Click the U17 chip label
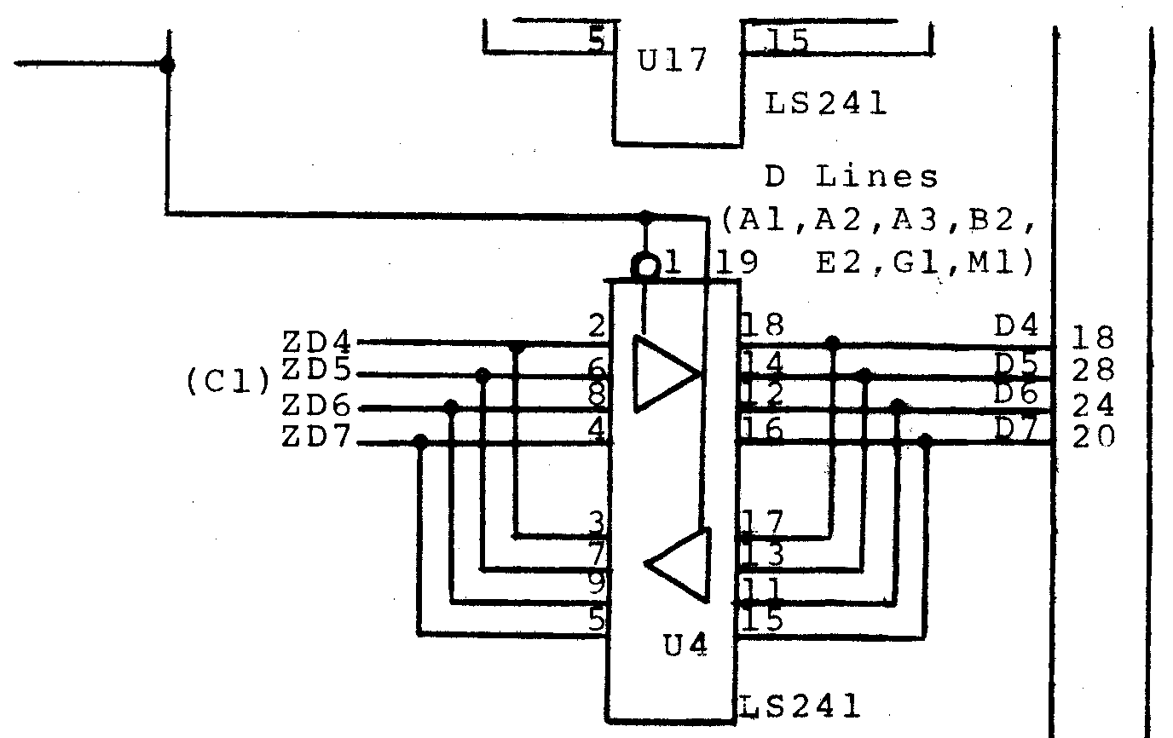pyautogui.click(x=673, y=62)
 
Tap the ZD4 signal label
pyautogui.click(x=316, y=342)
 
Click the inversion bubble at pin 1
pyautogui.click(x=645, y=268)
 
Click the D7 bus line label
pyautogui.click(x=1017, y=430)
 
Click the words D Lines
pyautogui.click(x=852, y=177)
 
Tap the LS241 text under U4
pyautogui.click(x=798, y=706)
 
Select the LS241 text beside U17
pyautogui.click(x=825, y=104)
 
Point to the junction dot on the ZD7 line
pyautogui.click(x=419, y=441)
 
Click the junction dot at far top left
pyautogui.click(x=168, y=65)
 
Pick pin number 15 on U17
pyautogui.click(x=785, y=39)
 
